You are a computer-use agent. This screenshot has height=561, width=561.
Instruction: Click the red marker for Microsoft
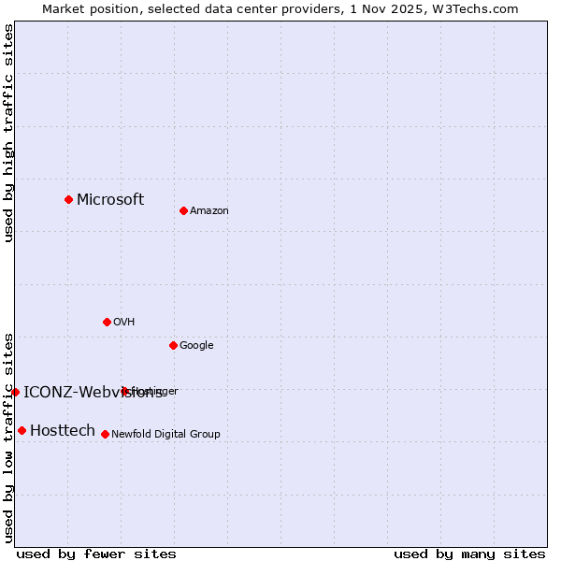(68, 199)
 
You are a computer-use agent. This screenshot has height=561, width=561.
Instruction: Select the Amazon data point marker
(183, 210)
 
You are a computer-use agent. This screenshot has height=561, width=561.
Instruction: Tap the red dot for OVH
(107, 322)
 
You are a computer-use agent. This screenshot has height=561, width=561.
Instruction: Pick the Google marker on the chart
(173, 345)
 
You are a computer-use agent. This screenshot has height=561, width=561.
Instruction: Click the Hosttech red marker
(22, 430)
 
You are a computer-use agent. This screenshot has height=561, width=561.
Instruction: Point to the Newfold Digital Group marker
(105, 434)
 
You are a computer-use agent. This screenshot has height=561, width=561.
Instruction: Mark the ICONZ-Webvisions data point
(15, 392)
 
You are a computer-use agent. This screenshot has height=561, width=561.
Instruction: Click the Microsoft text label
(110, 199)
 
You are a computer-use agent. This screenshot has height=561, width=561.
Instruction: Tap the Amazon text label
(209, 211)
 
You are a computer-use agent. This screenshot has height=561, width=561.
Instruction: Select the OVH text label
(124, 323)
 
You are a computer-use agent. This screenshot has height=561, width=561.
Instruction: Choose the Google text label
(196, 346)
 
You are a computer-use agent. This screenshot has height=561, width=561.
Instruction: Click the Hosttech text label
(63, 430)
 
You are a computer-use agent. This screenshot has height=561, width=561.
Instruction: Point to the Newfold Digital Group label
(166, 435)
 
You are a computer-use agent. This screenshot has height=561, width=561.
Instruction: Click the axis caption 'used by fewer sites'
(96, 554)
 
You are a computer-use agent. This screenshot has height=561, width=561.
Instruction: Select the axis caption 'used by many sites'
(469, 554)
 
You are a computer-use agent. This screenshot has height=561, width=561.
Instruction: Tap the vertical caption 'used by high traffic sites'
(8, 133)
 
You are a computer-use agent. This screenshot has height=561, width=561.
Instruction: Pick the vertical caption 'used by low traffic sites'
(8, 438)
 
